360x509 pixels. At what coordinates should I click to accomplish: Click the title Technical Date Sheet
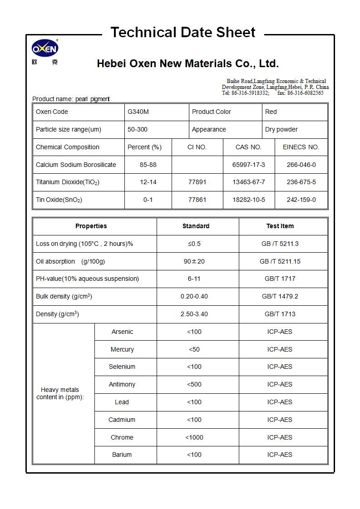tap(183, 33)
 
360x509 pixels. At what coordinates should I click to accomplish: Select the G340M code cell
tap(138, 112)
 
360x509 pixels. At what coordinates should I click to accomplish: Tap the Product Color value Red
tap(271, 112)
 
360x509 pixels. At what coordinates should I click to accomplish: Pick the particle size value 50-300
tap(138, 130)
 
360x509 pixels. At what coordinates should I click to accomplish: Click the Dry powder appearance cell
tap(281, 130)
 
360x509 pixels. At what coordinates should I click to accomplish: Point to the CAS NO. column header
tap(249, 147)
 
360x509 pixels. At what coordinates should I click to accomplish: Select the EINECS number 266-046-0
tap(301, 165)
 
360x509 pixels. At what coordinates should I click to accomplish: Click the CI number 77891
tap(197, 182)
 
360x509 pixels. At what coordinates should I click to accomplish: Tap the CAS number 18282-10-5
tap(249, 200)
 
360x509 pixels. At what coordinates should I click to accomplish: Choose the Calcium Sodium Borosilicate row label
tap(76, 165)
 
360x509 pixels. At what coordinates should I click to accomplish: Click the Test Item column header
tap(280, 226)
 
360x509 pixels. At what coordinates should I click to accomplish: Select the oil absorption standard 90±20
tap(194, 262)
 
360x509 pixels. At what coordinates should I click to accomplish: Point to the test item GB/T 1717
tap(280, 279)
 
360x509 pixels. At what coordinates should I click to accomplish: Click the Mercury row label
tap(122, 350)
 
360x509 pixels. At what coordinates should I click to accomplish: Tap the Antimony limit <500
tap(194, 385)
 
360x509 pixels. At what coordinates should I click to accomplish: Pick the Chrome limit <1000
tap(194, 438)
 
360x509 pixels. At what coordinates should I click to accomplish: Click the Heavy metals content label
tap(60, 394)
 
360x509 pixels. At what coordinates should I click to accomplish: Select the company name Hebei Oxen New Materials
tap(187, 64)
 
